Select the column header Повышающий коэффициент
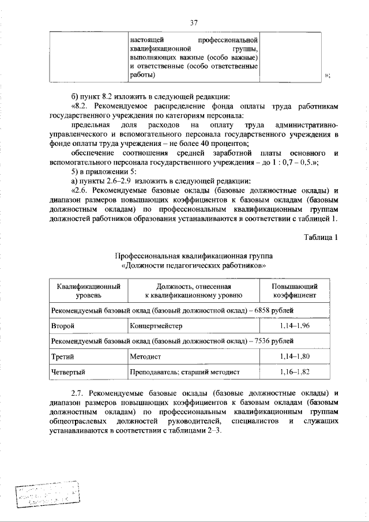click(x=294, y=290)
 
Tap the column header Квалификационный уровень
click(x=88, y=290)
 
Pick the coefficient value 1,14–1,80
click(x=294, y=358)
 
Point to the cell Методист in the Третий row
click(x=146, y=358)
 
